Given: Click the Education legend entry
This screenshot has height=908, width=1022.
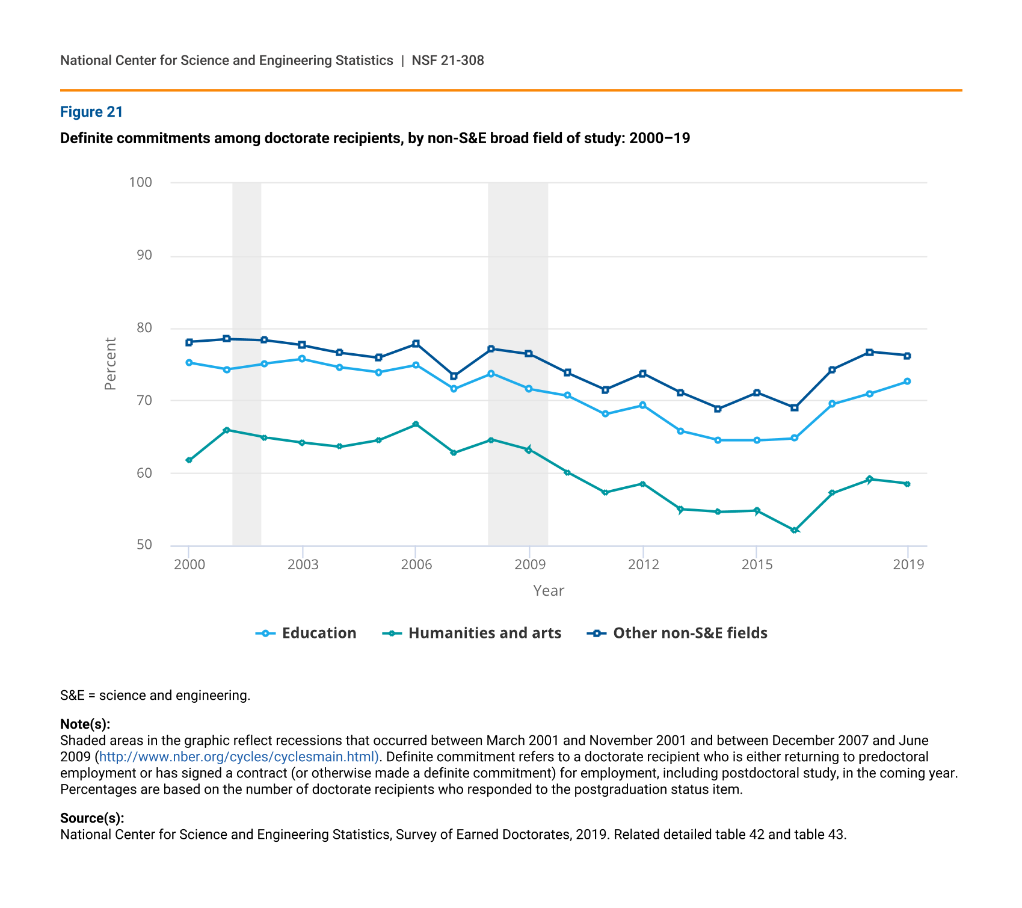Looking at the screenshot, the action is pos(306,633).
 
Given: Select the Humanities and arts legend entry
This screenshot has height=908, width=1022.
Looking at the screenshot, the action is pos(472,633).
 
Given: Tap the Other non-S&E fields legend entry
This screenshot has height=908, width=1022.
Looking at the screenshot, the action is pos(677,633).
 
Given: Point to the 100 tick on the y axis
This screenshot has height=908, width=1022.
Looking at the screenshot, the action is pos(140,182).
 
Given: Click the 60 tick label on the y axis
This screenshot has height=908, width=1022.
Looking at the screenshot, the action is pos(144,473).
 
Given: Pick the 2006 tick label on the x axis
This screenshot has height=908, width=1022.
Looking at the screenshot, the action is pos(416,564).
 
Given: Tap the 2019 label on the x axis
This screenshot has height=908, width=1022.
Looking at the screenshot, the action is pos(908,564).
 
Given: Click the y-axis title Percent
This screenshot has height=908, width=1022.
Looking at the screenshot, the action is pos(110,364).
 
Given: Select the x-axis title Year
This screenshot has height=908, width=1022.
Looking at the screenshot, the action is pos(549,591).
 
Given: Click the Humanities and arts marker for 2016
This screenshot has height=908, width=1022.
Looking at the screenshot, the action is pos(795,530).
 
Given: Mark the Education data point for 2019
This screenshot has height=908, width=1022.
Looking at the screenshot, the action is pos(907,381).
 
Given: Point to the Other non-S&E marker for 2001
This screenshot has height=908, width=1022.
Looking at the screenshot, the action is pos(227,339).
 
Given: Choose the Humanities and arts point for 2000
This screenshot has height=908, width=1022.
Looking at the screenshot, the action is pos(189,460).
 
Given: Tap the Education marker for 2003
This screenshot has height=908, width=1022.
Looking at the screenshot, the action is pos(302,359).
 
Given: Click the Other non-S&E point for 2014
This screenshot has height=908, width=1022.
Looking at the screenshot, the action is pos(718,409).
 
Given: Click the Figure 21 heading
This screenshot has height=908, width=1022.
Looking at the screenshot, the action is pos(91,112).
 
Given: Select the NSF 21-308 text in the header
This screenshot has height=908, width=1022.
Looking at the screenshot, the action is pos(448,60).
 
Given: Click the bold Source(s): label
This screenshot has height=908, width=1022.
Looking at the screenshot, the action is pos(92,818).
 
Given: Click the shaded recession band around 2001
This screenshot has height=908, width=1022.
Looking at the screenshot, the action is pos(247,364).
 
